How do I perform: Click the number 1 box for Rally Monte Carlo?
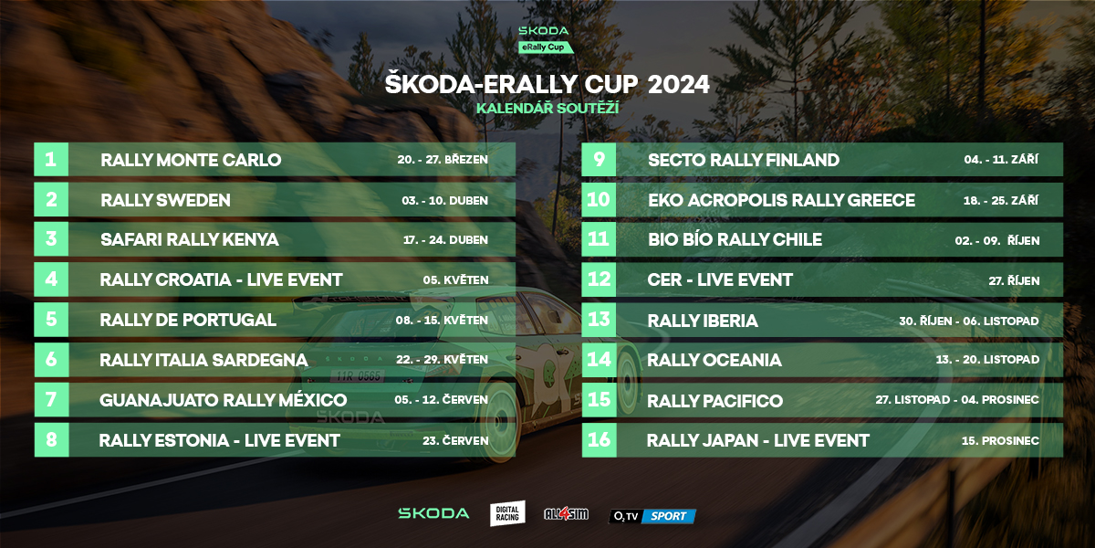(x=51, y=160)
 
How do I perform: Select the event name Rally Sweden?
(x=165, y=200)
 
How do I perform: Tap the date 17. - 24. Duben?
(x=445, y=239)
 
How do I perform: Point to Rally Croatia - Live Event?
(x=221, y=279)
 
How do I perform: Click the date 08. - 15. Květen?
(x=442, y=320)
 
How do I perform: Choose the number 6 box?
(x=51, y=360)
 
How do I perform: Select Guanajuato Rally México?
(x=223, y=400)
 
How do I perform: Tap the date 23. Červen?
(x=455, y=440)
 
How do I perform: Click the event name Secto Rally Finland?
(x=744, y=160)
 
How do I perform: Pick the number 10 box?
(x=599, y=200)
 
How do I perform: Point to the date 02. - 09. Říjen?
(x=996, y=240)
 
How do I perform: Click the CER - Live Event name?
(x=720, y=279)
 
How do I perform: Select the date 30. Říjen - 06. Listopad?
(x=969, y=321)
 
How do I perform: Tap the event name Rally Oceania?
(x=714, y=360)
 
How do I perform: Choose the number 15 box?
(x=600, y=400)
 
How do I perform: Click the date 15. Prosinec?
(x=1000, y=440)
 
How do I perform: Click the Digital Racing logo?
(x=507, y=513)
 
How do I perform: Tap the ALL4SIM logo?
(x=566, y=513)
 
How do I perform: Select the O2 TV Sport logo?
(x=652, y=516)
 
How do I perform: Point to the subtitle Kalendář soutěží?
(x=547, y=108)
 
